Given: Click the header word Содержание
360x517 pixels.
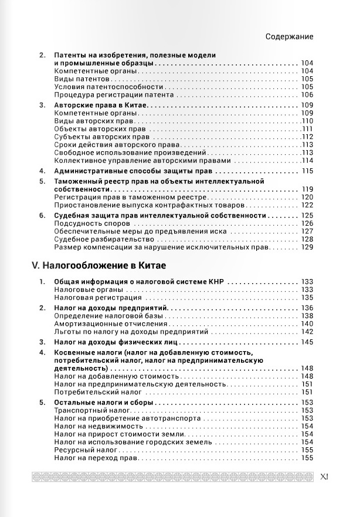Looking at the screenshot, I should [x=289, y=36].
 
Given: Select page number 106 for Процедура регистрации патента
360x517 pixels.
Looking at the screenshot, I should [x=307, y=95].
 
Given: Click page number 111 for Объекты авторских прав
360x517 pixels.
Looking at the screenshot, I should [x=308, y=129].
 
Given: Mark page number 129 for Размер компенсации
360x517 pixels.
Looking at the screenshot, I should [x=307, y=248].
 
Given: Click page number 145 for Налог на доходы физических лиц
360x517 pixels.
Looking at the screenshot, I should [x=307, y=342].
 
